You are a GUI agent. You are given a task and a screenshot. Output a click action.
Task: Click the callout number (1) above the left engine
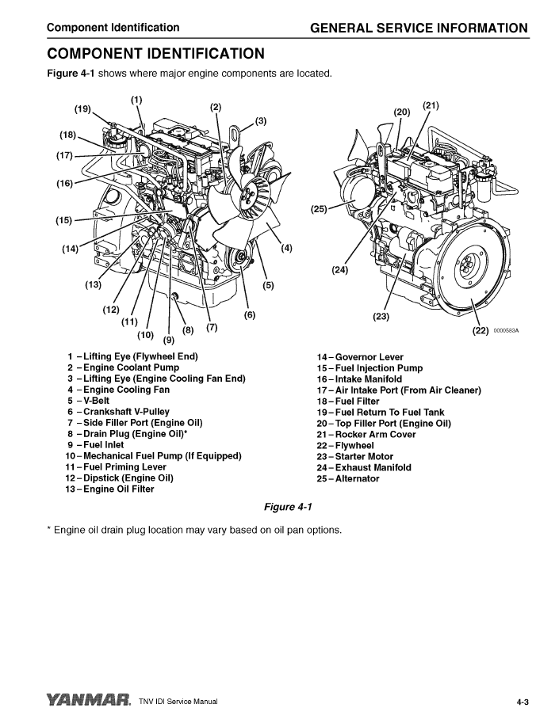pos(136,99)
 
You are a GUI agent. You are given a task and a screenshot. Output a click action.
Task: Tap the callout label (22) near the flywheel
pos(480,331)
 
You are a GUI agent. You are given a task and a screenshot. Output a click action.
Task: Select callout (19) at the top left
pos(83,108)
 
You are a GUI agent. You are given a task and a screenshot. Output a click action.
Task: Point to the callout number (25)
pos(319,210)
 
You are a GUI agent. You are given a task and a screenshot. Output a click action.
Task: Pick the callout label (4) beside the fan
pos(286,248)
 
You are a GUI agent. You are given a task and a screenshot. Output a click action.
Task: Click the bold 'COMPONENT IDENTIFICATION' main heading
pos(155,54)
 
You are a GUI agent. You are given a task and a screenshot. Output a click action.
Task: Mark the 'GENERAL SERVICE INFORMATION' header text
pos(419,29)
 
